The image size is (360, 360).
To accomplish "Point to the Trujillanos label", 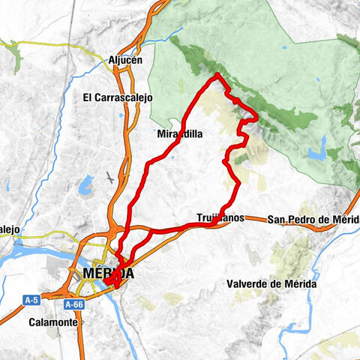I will click(x=220, y=218).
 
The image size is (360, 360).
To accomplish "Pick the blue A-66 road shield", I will click(x=73, y=304).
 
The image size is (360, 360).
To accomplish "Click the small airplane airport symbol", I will click(x=112, y=178).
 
